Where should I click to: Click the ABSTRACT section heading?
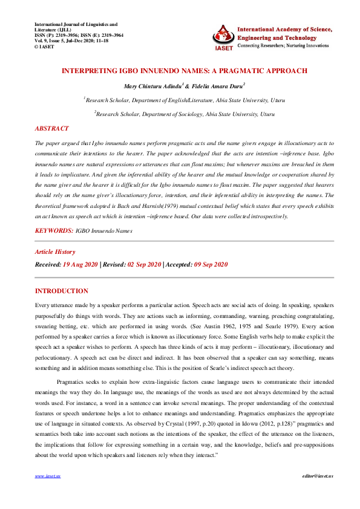(x=52, y=129)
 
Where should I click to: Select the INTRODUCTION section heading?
(x=62, y=291)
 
